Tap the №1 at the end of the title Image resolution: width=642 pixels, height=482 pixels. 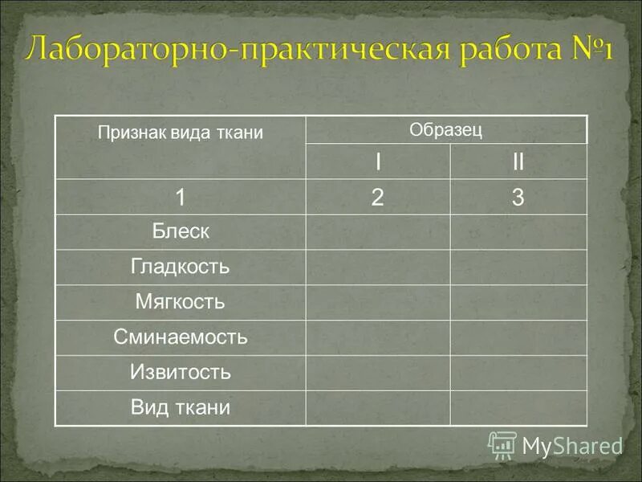pyautogui.click(x=587, y=50)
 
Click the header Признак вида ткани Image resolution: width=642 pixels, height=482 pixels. pyautogui.click(x=181, y=133)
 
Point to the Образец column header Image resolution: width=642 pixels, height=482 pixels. pyautogui.click(x=446, y=130)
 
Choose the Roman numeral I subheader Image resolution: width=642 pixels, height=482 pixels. pyautogui.click(x=377, y=162)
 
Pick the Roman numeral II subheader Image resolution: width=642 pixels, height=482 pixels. pyautogui.click(x=518, y=162)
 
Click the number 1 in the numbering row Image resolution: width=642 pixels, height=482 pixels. pyautogui.click(x=181, y=198)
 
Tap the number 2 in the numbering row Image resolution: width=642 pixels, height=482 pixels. pyautogui.click(x=377, y=198)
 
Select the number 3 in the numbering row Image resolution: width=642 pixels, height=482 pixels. pyautogui.click(x=518, y=198)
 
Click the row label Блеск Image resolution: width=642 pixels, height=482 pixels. pyautogui.click(x=181, y=232)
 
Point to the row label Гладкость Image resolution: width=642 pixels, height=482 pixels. pyautogui.click(x=181, y=267)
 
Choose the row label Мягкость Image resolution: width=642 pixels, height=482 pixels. pyautogui.click(x=181, y=302)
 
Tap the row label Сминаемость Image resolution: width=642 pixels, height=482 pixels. pyautogui.click(x=181, y=337)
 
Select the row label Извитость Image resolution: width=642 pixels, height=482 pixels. pyautogui.click(x=181, y=373)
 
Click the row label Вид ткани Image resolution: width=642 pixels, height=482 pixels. pyautogui.click(x=181, y=407)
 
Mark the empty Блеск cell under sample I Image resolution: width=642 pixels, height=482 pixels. pyautogui.click(x=377, y=232)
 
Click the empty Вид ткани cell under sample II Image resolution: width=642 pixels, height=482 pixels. pyautogui.click(x=518, y=407)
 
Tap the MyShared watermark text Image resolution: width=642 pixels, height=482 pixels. pyautogui.click(x=572, y=446)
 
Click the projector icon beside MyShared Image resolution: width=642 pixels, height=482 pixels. pyautogui.click(x=502, y=445)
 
